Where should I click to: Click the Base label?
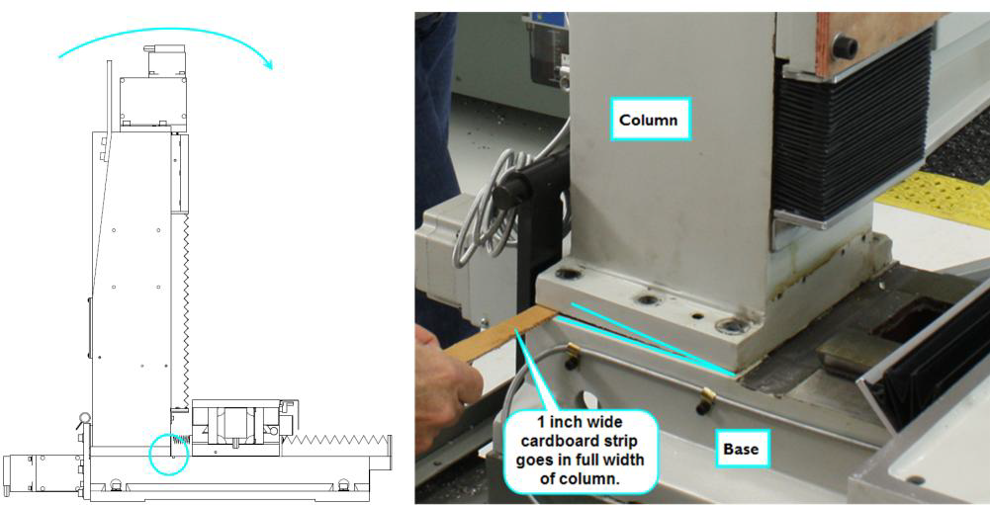(x=741, y=449)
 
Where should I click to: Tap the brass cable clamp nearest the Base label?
(x=704, y=399)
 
